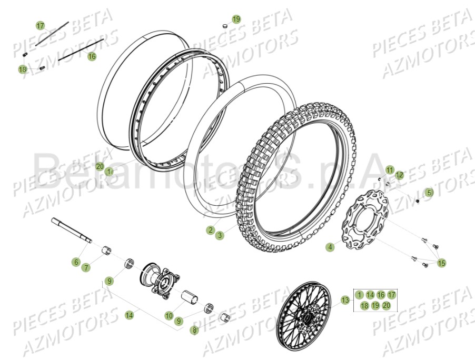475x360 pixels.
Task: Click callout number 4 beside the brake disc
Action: (x=330, y=246)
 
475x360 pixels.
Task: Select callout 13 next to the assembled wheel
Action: (x=345, y=301)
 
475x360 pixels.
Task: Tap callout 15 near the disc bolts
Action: (x=441, y=263)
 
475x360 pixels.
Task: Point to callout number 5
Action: (x=429, y=193)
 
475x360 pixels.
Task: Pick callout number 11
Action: (x=389, y=169)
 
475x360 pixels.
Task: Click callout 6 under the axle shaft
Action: (x=76, y=262)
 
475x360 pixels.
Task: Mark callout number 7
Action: (x=86, y=267)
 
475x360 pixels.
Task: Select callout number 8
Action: (x=195, y=330)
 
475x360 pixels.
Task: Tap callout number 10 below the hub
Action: (x=169, y=316)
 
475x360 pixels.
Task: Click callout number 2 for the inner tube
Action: (x=210, y=230)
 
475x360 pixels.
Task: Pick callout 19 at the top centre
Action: (x=236, y=19)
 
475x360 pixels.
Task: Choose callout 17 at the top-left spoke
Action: (x=41, y=25)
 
